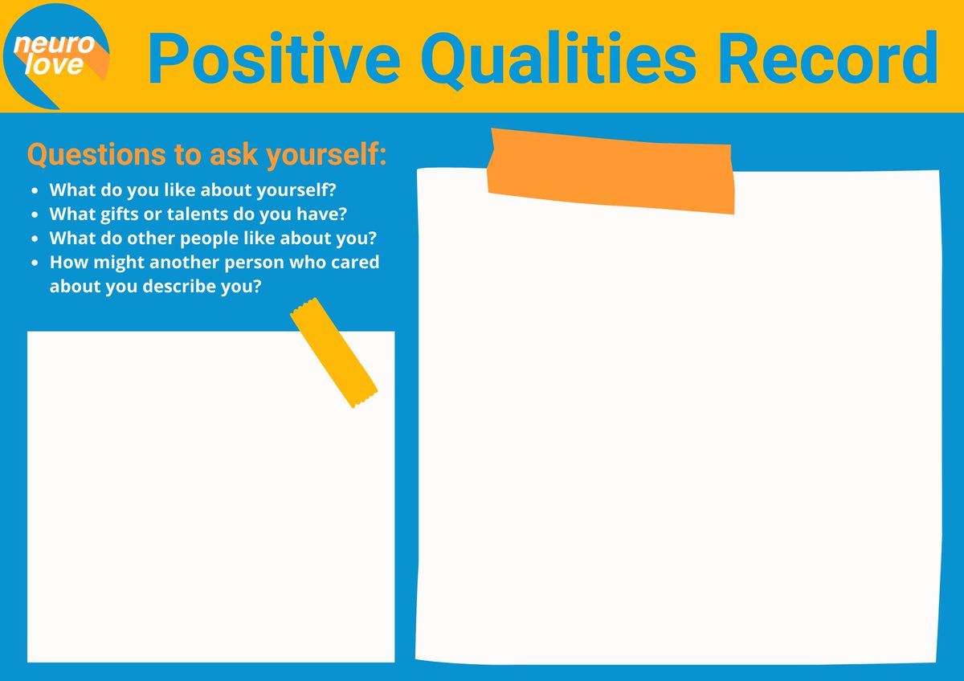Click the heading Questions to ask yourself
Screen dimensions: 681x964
tap(206, 155)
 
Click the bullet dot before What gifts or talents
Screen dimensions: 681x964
tap(34, 215)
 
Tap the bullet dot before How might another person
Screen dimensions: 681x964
tap(34, 263)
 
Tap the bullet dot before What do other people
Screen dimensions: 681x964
tap(34, 239)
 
